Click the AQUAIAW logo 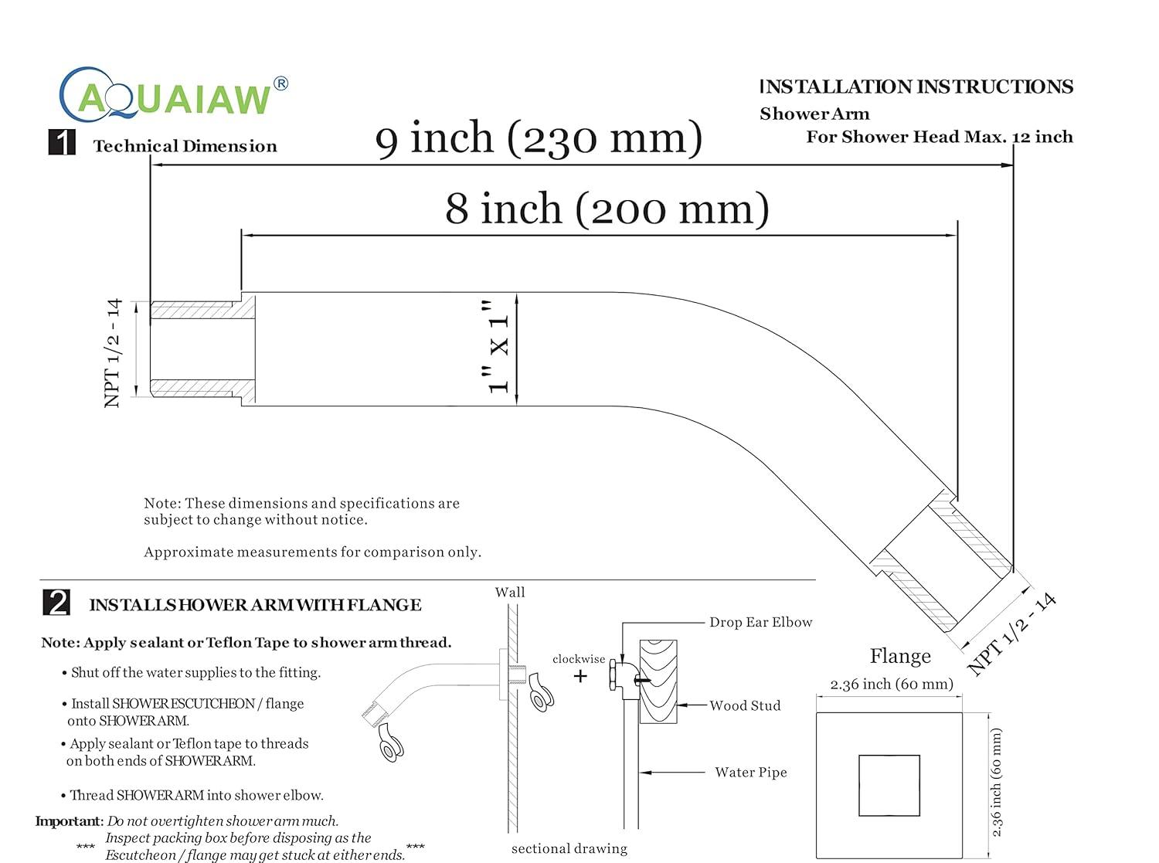[x=172, y=94]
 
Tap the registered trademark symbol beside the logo [x=280, y=83]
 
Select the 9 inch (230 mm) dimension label [x=539, y=138]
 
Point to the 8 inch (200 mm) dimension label [x=607, y=209]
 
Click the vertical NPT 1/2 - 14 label [x=113, y=353]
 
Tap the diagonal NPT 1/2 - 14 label [x=1011, y=634]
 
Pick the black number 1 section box [x=62, y=142]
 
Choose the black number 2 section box [x=56, y=602]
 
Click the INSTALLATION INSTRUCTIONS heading [x=916, y=87]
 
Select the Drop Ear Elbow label [x=761, y=622]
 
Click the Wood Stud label [x=745, y=705]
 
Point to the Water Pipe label [x=751, y=772]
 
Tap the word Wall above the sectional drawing [x=510, y=593]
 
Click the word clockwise [x=579, y=659]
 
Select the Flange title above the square [x=900, y=656]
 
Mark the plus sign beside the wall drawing [x=580, y=676]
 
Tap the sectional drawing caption [x=569, y=849]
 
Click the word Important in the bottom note [x=70, y=821]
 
